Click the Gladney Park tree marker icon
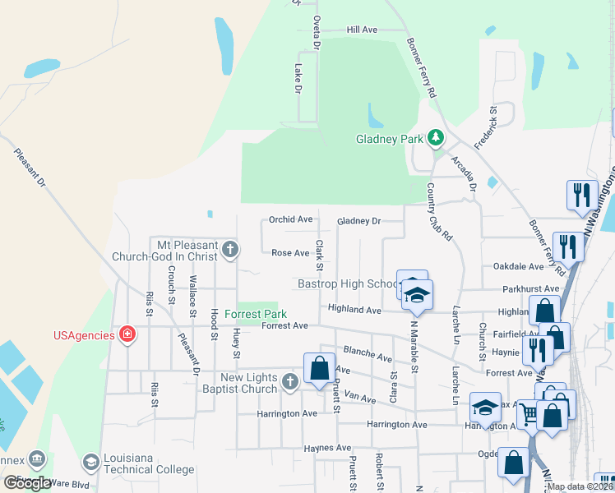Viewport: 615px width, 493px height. (x=436, y=139)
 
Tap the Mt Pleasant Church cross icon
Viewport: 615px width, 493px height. (x=230, y=248)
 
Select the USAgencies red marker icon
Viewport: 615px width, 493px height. (x=127, y=334)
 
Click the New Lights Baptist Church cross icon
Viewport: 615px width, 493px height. (x=289, y=381)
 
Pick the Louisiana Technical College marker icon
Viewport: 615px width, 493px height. (x=91, y=463)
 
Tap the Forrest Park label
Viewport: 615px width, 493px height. (x=256, y=314)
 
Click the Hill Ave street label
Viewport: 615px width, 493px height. (x=362, y=30)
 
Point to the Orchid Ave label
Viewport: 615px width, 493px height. (x=291, y=220)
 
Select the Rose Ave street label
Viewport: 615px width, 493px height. (x=290, y=253)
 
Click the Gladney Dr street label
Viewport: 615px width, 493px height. (x=359, y=222)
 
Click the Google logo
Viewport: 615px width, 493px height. (x=27, y=483)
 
